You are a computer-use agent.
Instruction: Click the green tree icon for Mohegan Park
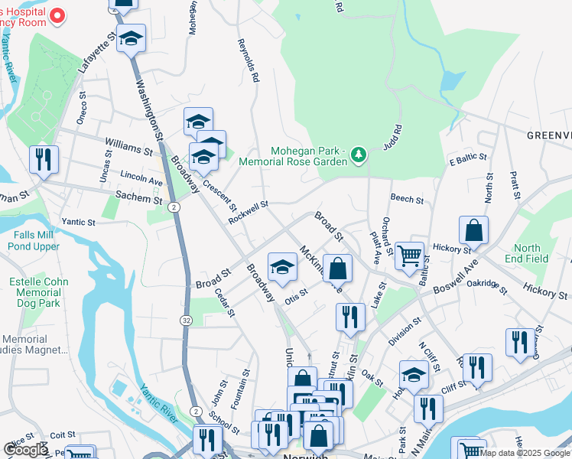coord(357,156)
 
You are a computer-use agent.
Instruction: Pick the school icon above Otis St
coord(282,267)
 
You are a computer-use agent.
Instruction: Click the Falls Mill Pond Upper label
coord(34,241)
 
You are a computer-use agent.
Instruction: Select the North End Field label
coord(527,253)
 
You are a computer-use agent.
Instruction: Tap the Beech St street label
coord(407,199)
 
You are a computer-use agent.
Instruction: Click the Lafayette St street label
coord(98,52)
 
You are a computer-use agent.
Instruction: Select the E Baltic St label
coord(468,159)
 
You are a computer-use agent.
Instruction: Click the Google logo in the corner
coord(26,450)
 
